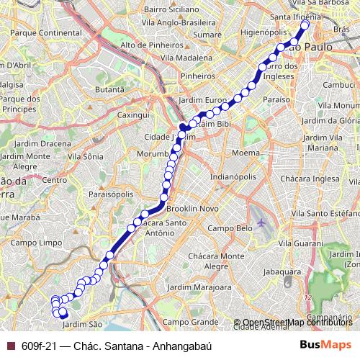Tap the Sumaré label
tap(207, 34)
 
